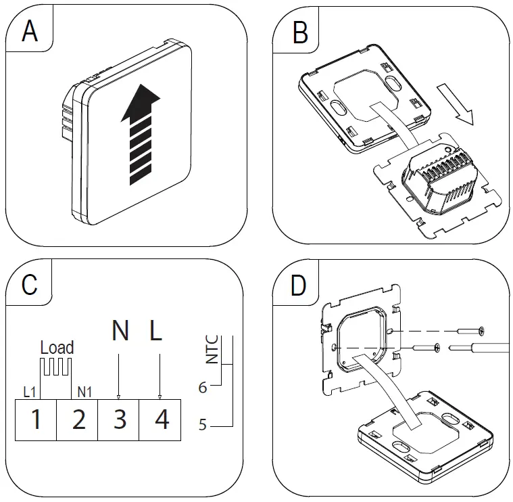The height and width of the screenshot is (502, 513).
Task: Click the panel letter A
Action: coord(29,31)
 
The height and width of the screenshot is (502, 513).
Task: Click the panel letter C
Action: coord(29,285)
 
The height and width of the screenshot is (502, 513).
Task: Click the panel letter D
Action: coord(299,285)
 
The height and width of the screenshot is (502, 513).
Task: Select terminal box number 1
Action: coord(36,419)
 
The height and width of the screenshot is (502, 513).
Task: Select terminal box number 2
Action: coord(78,419)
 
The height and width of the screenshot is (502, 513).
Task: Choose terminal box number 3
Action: coord(120,419)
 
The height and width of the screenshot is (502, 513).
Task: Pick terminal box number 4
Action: coord(162,419)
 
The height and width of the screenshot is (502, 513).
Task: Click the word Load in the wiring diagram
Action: coord(57,348)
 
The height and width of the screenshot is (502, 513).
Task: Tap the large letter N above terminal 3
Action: coord(120,331)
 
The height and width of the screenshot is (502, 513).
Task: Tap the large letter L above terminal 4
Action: coord(156,331)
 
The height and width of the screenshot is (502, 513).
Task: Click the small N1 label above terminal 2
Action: coord(85,391)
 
